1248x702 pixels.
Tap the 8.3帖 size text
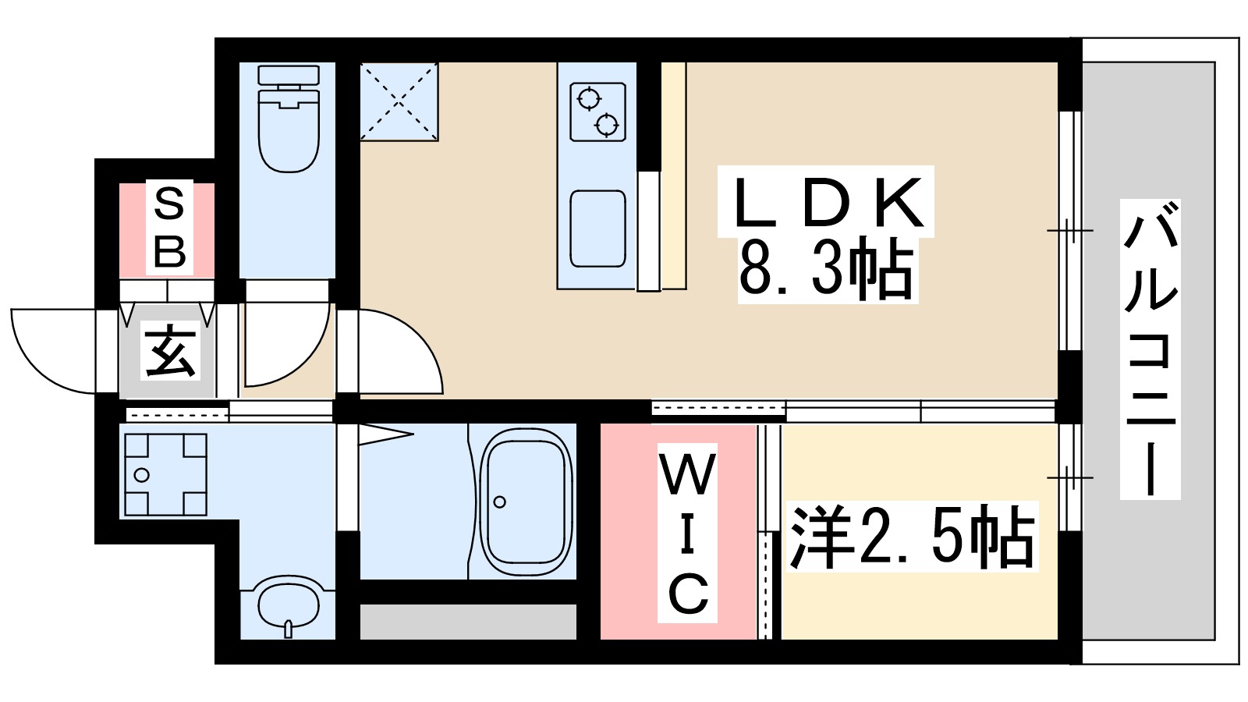827,269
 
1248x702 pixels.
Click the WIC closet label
687,536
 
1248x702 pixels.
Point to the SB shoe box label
169,228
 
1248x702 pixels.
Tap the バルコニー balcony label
1150,349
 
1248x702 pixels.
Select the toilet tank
289,76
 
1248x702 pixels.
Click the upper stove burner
589,99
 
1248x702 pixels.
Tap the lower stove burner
607,123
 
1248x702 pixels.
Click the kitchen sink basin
597,229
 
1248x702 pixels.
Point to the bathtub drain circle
500,502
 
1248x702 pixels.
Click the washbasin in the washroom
288,603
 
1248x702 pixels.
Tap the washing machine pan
165,474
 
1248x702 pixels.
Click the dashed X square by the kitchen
399,101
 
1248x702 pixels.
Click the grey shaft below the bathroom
468,622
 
